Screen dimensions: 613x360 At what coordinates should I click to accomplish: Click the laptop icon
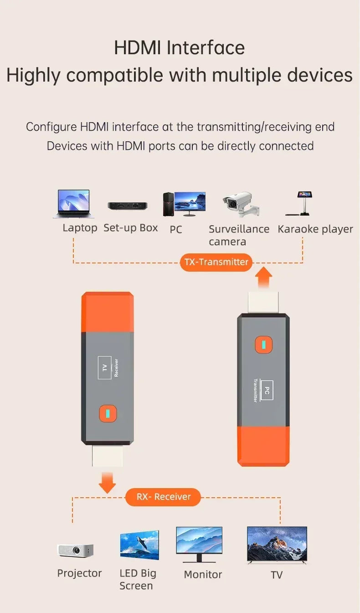[x=74, y=204]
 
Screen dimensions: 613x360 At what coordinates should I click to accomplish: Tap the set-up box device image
[x=128, y=206]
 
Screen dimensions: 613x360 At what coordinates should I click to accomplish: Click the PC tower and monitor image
[x=184, y=204]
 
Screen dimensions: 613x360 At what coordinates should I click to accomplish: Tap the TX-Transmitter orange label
[x=216, y=262]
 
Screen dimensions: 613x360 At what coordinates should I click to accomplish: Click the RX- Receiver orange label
[x=163, y=497]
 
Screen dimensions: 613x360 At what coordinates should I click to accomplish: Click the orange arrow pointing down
[x=107, y=482]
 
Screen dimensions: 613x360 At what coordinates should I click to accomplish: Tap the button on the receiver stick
[x=108, y=414]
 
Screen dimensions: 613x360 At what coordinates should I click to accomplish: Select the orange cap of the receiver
[x=108, y=312]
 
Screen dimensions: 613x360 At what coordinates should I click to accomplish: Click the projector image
[x=76, y=550]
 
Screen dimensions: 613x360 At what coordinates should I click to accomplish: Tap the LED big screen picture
[x=139, y=545]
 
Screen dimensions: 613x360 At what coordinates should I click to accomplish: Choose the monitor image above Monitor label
[x=199, y=544]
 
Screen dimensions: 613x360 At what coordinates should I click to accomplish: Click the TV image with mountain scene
[x=277, y=544]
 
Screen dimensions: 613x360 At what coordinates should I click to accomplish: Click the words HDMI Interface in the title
[x=180, y=48]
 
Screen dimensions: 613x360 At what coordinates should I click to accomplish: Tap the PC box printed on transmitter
[x=267, y=390]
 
